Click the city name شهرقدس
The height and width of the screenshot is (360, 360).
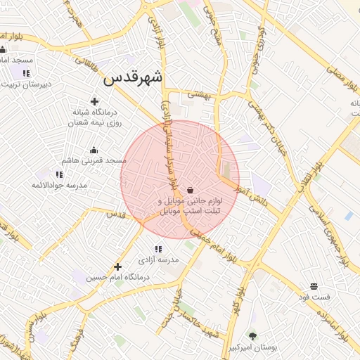(133, 78)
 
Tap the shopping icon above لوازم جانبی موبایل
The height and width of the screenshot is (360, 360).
(191, 190)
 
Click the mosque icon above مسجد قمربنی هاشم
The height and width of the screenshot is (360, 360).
(94, 150)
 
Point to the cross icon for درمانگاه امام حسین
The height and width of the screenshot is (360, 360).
(117, 266)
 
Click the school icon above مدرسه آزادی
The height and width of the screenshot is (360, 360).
(158, 249)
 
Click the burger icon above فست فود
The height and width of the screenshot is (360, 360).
(314, 286)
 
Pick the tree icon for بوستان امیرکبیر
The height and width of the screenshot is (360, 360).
(253, 336)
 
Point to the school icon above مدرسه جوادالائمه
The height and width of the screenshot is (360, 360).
(59, 174)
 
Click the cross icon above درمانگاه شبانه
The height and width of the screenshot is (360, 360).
(94, 101)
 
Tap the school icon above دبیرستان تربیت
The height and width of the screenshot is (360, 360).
(26, 73)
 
